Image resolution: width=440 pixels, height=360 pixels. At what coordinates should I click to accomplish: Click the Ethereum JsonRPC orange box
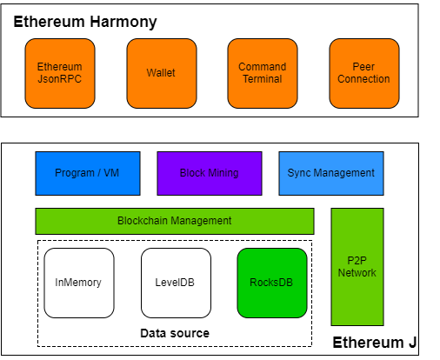click(60, 73)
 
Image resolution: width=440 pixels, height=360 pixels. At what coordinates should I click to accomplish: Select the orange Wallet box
click(161, 73)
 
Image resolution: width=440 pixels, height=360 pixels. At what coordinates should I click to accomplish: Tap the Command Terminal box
click(262, 73)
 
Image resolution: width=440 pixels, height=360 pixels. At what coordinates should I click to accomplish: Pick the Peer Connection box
click(364, 73)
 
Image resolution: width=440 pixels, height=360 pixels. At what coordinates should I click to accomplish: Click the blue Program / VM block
click(87, 173)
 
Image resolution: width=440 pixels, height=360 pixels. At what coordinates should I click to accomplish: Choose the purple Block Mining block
click(209, 173)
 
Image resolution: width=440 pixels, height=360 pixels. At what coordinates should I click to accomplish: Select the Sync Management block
click(330, 173)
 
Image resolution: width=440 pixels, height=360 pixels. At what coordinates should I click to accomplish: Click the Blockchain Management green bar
click(174, 221)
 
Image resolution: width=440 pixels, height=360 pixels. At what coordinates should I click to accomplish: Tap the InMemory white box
click(79, 283)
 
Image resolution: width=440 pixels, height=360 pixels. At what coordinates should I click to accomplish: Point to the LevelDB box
click(176, 283)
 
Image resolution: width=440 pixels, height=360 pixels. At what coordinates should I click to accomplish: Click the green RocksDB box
click(272, 283)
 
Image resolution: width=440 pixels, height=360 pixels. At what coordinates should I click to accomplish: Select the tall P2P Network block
click(357, 266)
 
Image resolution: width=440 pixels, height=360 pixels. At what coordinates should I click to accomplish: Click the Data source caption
click(175, 333)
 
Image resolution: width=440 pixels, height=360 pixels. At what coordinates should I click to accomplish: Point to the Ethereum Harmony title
click(85, 22)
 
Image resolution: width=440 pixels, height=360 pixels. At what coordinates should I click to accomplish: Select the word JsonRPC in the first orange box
click(60, 79)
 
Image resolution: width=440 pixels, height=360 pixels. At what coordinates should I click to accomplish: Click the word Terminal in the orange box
click(262, 79)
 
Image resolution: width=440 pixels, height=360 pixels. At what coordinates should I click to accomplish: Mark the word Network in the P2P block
click(357, 273)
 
